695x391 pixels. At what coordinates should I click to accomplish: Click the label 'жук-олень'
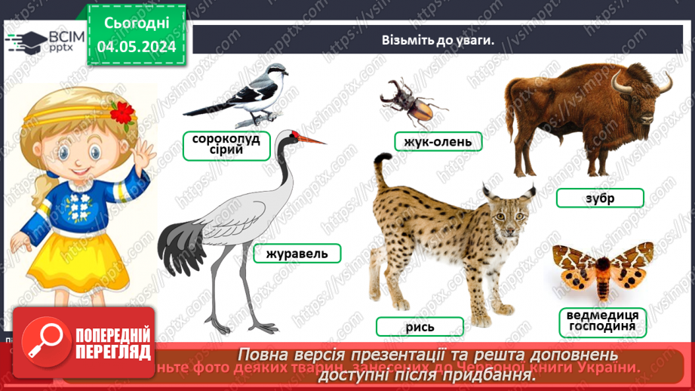pos(438,141)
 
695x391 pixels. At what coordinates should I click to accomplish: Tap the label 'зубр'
pos(599,198)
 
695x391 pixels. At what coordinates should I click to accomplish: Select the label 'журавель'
pos(297,253)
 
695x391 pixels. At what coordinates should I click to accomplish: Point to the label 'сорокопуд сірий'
pos(226,144)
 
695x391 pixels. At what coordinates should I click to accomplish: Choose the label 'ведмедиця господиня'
pos(602,321)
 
